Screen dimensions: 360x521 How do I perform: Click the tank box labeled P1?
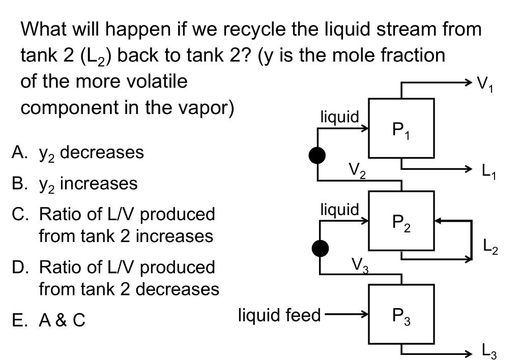[401, 129]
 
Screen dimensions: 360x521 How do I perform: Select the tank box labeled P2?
[401, 222]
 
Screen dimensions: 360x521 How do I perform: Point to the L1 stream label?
[489, 172]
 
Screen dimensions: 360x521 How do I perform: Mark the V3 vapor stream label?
[360, 264]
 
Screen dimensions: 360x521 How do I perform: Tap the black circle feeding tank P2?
[320, 248]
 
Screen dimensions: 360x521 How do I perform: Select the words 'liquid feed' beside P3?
[279, 315]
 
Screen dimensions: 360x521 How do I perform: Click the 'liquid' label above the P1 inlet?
[339, 117]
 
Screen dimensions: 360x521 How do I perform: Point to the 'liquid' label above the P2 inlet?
[339, 209]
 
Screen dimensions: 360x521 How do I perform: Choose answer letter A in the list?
[18, 152]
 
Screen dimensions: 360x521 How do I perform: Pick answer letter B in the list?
[18, 183]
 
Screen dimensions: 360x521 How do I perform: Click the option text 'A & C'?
[62, 320]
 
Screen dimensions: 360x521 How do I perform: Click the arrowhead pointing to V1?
[469, 81]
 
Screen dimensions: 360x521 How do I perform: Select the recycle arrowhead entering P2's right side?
[438, 221]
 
